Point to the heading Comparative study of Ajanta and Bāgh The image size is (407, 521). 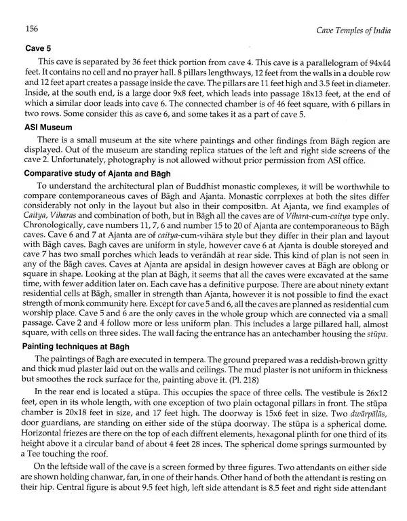click(104, 174)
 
